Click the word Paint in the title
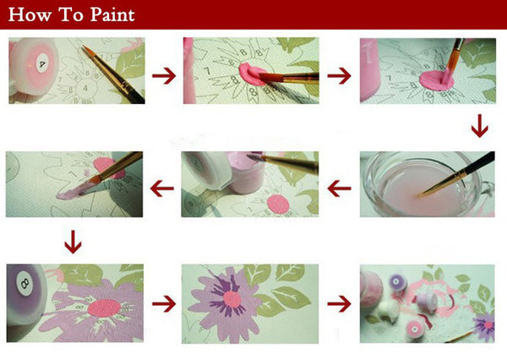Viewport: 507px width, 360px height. coord(112,15)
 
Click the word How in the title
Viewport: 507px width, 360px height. coord(30,15)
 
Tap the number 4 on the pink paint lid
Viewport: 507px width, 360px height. coord(42,64)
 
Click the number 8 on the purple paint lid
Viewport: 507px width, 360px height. coord(25,284)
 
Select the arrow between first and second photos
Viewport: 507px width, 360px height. coord(164,76)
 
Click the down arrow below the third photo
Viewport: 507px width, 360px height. coord(479,126)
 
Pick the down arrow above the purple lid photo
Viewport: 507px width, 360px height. coord(73,242)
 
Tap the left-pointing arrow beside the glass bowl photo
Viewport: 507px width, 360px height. coord(339,188)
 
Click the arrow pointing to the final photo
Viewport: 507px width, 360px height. coord(339,303)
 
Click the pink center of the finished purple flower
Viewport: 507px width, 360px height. coord(232,299)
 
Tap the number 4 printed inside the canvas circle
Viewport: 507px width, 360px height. coord(85,88)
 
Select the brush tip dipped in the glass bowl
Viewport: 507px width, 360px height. coord(422,194)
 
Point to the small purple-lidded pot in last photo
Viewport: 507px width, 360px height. coord(397,282)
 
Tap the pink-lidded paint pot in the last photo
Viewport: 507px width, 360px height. coord(416,330)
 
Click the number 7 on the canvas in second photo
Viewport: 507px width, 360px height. coord(207,71)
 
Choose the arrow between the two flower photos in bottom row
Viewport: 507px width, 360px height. coord(164,303)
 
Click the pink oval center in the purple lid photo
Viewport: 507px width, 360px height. coord(105,308)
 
